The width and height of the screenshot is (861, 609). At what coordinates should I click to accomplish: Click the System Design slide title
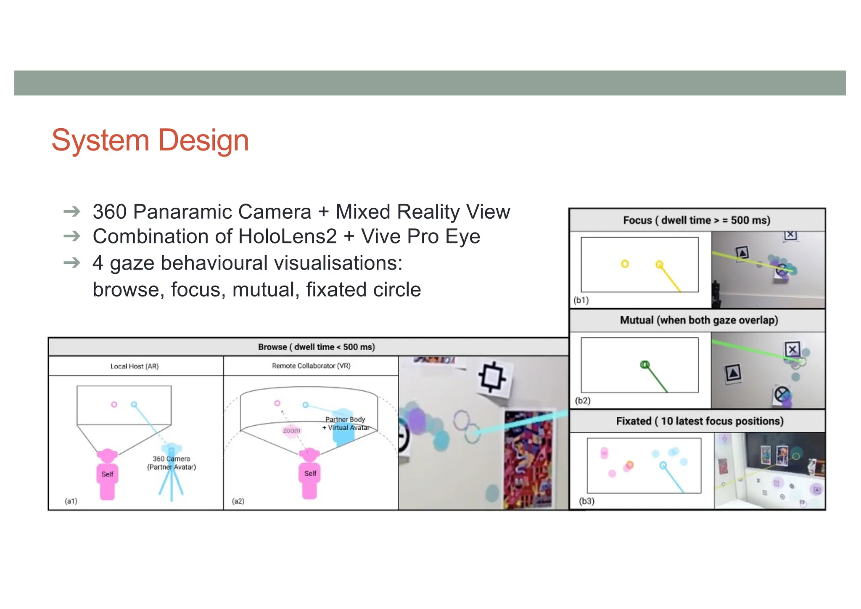click(x=150, y=140)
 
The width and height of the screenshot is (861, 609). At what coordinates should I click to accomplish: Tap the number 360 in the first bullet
click(x=109, y=212)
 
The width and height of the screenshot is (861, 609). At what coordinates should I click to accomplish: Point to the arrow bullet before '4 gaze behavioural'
click(x=72, y=263)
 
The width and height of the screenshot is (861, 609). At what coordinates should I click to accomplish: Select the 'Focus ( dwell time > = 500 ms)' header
click(x=696, y=220)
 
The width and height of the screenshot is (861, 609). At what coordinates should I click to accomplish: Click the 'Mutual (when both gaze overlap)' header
click(x=699, y=320)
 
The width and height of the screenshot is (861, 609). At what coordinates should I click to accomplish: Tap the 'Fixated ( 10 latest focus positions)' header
click(x=700, y=421)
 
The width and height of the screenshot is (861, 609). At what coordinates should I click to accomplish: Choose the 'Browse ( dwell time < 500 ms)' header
click(x=316, y=347)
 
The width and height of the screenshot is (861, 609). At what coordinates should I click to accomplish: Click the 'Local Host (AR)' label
click(x=135, y=366)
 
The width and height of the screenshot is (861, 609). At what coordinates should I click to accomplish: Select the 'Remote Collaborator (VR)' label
click(x=311, y=366)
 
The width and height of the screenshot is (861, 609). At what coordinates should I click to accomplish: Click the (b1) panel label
click(x=581, y=300)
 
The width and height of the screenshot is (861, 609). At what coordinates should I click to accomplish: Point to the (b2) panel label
click(x=583, y=400)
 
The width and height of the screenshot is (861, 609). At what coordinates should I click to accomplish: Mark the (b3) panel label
click(x=586, y=501)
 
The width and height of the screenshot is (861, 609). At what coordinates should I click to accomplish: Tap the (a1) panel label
click(x=71, y=501)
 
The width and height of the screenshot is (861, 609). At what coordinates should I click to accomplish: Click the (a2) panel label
click(x=238, y=501)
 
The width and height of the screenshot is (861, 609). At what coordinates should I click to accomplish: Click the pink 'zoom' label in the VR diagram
click(x=291, y=430)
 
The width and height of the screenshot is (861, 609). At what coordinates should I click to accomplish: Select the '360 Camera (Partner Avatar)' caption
click(x=172, y=463)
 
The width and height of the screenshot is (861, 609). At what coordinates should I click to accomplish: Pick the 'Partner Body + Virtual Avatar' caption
click(x=346, y=424)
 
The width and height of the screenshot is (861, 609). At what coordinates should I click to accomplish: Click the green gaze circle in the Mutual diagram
click(x=644, y=365)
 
